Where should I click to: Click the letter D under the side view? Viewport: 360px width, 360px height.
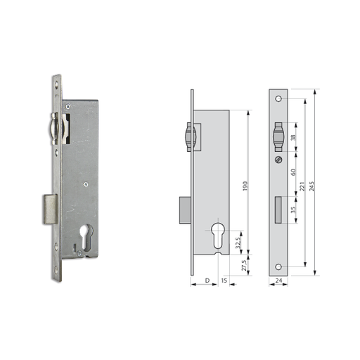coord(207,281)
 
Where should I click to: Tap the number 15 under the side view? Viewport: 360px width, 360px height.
coord(224,281)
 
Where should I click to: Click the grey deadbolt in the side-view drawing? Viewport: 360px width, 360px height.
coord(186,209)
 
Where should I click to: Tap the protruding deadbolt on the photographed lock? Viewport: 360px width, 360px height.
coord(47,209)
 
